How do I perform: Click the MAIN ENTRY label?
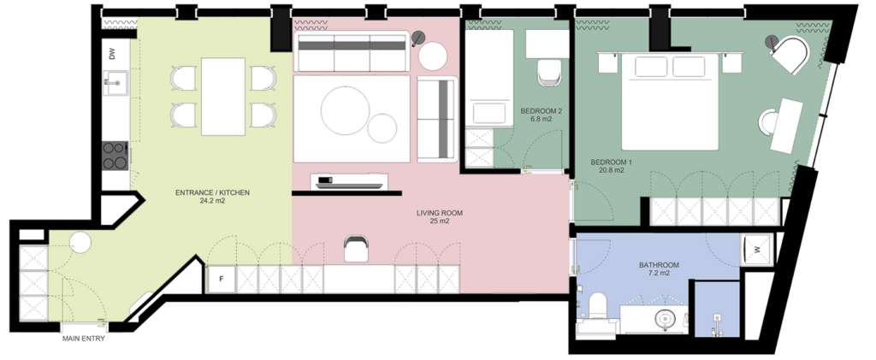point(83,339)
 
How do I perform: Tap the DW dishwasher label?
point(112,54)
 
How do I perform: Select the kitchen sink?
point(115,83)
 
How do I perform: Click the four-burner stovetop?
point(115,155)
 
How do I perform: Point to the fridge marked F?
point(221,280)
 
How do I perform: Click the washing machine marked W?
point(757,250)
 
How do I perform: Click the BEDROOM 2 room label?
point(541,111)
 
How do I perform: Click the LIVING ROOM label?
point(440,213)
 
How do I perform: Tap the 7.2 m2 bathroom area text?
point(659,274)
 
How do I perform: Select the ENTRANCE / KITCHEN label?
point(212,192)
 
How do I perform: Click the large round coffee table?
point(346,110)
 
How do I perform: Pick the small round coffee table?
point(382,127)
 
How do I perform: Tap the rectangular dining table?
point(223,97)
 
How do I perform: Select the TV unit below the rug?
point(349,181)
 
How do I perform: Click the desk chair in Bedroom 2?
point(548,74)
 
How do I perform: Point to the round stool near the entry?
point(80,243)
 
